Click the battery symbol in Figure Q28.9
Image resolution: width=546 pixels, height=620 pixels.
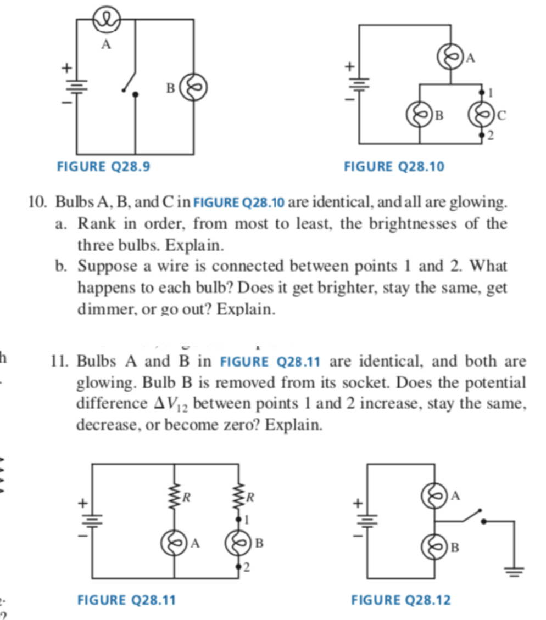[76, 86]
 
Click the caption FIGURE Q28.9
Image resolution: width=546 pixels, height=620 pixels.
[103, 166]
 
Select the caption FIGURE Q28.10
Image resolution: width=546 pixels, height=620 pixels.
[393, 166]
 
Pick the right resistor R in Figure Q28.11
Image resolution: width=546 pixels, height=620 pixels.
[239, 497]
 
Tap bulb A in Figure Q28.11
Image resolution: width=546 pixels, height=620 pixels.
[174, 544]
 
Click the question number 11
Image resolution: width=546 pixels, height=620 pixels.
[59, 362]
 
